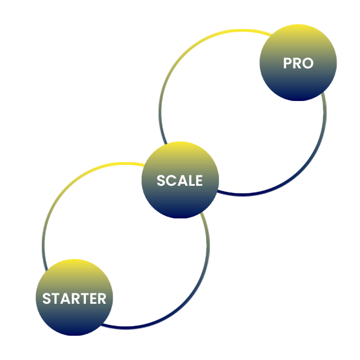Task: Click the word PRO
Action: [x=298, y=63]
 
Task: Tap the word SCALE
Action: [x=180, y=180]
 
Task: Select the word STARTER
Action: [x=74, y=298]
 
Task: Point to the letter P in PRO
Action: [x=287, y=63]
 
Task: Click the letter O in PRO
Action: [x=308, y=63]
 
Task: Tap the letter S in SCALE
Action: [x=161, y=180]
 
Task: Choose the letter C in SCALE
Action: [x=171, y=180]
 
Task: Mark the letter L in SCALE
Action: [x=191, y=180]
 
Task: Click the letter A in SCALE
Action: [x=182, y=180]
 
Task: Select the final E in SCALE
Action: [x=199, y=180]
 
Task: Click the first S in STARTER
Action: [x=47, y=298]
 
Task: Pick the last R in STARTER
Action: [x=102, y=298]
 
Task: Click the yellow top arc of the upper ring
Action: [x=241, y=30]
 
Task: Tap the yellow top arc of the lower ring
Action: [x=124, y=163]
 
